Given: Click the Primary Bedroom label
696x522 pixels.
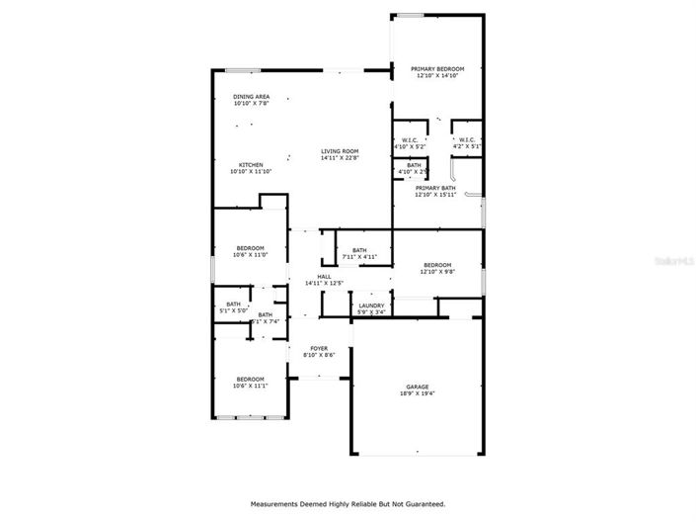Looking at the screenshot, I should click(x=437, y=68).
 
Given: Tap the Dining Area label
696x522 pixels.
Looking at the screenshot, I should click(x=252, y=96).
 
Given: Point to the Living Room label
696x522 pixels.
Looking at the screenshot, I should click(x=339, y=150).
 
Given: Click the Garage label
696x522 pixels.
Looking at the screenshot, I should click(x=418, y=387).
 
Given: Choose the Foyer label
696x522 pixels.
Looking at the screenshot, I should click(x=319, y=348).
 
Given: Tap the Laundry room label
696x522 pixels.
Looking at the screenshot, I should click(x=371, y=305).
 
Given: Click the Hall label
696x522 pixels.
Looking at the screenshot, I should click(x=324, y=277).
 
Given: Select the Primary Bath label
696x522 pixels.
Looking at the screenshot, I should click(x=435, y=187).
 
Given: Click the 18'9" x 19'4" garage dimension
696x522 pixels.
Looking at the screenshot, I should click(x=418, y=393).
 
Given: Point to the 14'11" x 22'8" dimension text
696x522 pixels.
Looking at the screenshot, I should click(x=339, y=157).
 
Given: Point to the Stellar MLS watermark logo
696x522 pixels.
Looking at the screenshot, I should click(x=673, y=261).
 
